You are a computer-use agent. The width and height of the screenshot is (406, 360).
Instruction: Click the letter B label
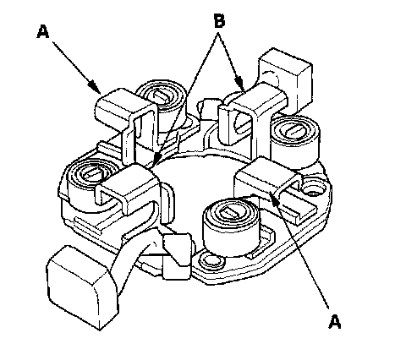point(220,21)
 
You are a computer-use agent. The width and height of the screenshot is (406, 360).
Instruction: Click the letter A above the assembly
point(43,31)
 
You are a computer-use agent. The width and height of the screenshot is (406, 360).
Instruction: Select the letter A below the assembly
point(335,321)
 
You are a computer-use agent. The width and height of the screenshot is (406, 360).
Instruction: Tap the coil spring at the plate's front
point(231,226)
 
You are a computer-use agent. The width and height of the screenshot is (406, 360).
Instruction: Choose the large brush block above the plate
point(286,79)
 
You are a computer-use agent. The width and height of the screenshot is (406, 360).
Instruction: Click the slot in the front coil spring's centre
point(230,212)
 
